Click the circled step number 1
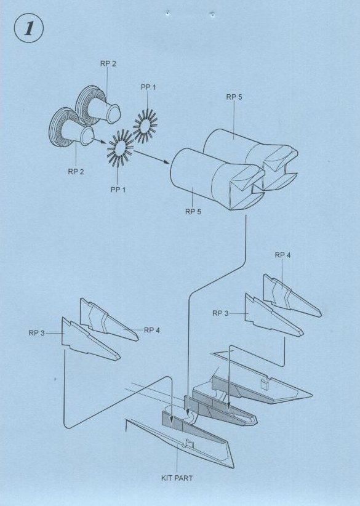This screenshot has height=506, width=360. click(29, 28)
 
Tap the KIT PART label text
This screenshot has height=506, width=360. click(177, 478)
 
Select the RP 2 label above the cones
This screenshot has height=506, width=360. click(108, 63)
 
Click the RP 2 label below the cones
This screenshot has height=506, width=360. click(76, 172)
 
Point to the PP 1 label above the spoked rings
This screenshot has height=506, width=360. click(148, 87)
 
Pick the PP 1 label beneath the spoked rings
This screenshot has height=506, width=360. click(118, 190)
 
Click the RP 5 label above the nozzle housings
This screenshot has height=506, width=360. click(234, 97)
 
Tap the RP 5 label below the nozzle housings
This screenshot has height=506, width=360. click(193, 212)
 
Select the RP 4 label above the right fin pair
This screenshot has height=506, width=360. click(282, 255)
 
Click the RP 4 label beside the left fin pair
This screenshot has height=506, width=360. click(152, 330)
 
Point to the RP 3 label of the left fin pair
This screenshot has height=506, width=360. click(36, 333)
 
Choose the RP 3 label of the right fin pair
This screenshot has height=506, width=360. click(220, 313)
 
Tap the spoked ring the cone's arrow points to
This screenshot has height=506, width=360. click(120, 148)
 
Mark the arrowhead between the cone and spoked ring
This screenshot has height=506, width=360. click(104, 143)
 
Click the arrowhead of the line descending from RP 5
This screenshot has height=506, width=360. click(188, 411)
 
